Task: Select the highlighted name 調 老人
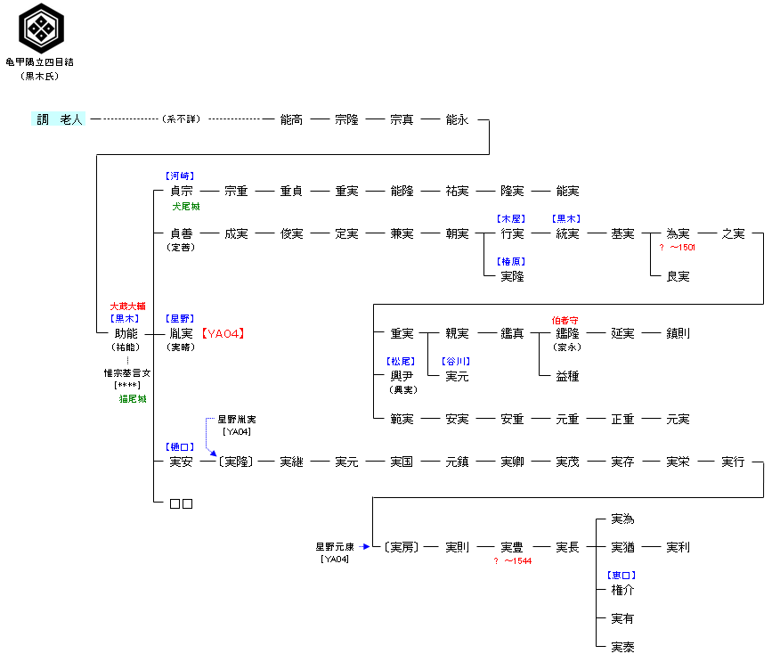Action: click(x=59, y=119)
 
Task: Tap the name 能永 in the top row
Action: click(x=457, y=119)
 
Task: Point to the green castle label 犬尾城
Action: click(x=186, y=206)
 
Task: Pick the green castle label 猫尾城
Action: click(x=134, y=399)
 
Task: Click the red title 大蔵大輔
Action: click(x=124, y=306)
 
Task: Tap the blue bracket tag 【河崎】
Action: click(x=180, y=176)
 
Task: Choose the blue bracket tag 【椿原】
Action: click(x=512, y=262)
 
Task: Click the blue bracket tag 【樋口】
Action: click(x=180, y=447)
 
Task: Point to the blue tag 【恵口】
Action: click(x=622, y=576)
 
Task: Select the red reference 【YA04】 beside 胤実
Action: click(x=223, y=334)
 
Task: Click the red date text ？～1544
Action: click(x=513, y=561)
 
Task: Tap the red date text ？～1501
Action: click(x=678, y=248)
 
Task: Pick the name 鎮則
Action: click(x=678, y=334)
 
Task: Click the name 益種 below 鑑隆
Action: click(x=567, y=377)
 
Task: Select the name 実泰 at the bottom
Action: click(x=622, y=648)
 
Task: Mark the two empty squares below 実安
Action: click(x=181, y=504)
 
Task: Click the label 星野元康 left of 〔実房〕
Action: click(x=334, y=546)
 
